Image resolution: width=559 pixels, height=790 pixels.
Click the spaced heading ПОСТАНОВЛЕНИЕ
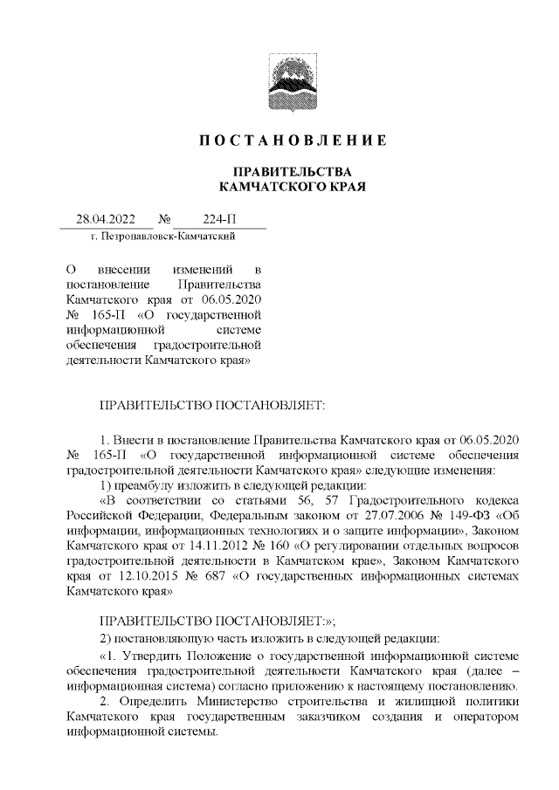pos(292,141)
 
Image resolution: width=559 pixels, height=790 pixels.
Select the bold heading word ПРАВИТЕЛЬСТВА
pos(291,171)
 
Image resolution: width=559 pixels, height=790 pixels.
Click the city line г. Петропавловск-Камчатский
pos(162,236)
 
